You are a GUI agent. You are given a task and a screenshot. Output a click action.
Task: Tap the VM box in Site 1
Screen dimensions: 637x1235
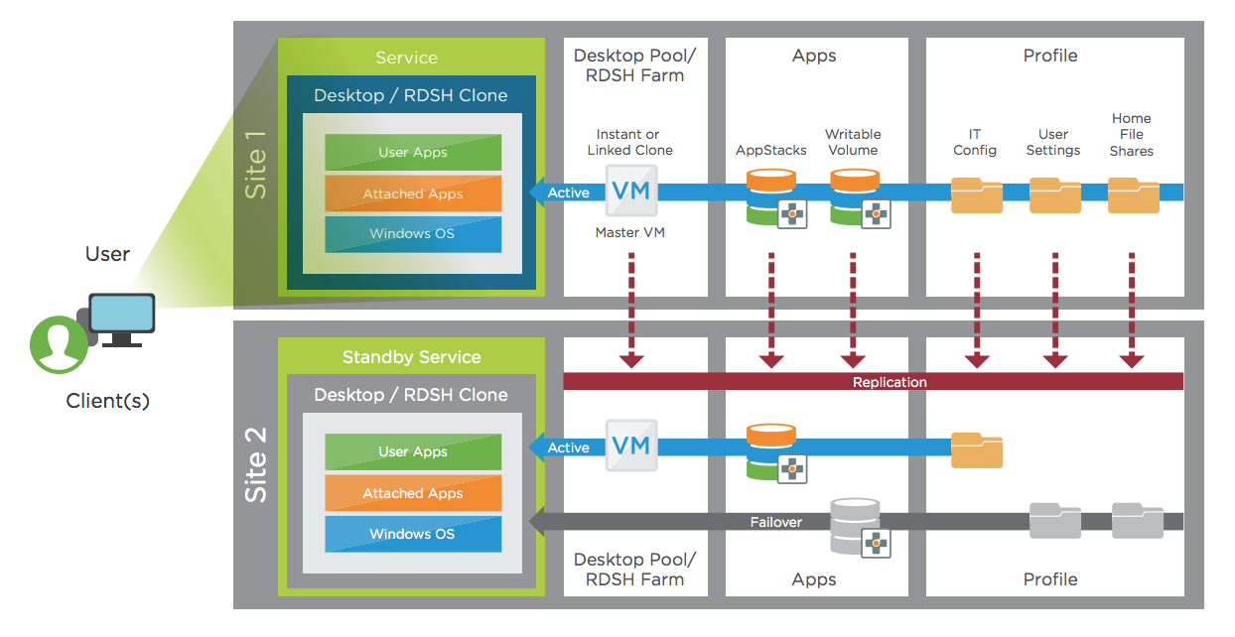pyautogui.click(x=631, y=191)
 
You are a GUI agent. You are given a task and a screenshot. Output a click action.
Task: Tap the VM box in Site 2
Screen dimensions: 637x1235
pyautogui.click(x=631, y=446)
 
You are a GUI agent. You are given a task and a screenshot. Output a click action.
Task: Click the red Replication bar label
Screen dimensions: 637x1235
pyautogui.click(x=890, y=382)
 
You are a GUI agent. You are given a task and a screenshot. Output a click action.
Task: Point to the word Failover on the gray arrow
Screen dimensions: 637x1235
pyautogui.click(x=776, y=522)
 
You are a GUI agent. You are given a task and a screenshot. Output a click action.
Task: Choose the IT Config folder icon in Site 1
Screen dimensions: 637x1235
pyautogui.click(x=977, y=194)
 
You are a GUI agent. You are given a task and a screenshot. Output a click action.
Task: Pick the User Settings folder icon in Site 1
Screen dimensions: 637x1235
pyautogui.click(x=1055, y=194)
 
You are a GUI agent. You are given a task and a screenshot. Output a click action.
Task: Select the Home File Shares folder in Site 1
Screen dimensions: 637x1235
pyautogui.click(x=1134, y=194)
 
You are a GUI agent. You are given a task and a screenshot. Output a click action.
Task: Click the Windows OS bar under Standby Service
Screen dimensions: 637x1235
pyautogui.click(x=413, y=534)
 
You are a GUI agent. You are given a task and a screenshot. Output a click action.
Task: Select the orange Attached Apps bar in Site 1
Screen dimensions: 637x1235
pyautogui.click(x=413, y=193)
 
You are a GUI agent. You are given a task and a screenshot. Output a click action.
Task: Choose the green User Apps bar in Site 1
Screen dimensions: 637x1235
pyautogui.click(x=413, y=153)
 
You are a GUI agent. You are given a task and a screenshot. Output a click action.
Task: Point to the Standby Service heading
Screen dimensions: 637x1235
pyautogui.click(x=411, y=357)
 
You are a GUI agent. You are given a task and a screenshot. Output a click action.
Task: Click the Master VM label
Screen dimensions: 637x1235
pyautogui.click(x=630, y=233)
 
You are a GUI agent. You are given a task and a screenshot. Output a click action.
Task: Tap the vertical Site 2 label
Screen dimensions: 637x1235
pyautogui.click(x=256, y=463)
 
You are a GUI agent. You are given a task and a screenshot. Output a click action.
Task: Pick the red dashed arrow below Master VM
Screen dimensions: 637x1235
pyautogui.click(x=631, y=309)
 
